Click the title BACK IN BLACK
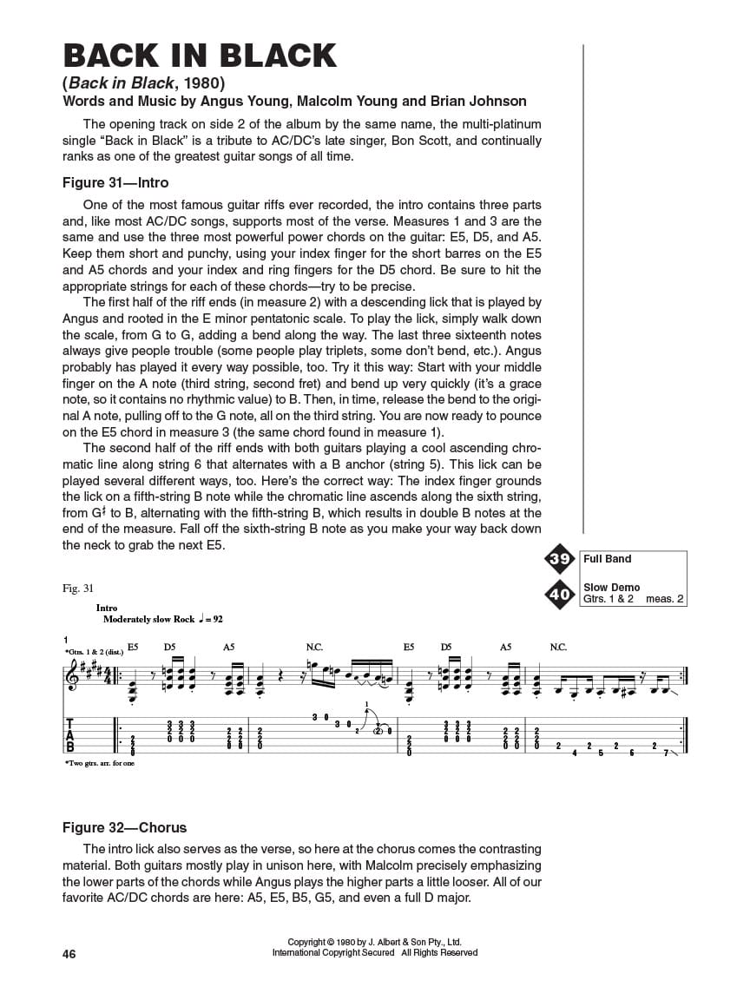pyautogui.click(x=200, y=56)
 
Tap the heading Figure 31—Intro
pyautogui.click(x=115, y=183)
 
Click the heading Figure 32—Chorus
pyautogui.click(x=124, y=827)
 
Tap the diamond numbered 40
pyautogui.click(x=560, y=595)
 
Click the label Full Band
pyautogui.click(x=608, y=559)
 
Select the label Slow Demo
pyautogui.click(x=612, y=588)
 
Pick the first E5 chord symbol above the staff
pyautogui.click(x=133, y=647)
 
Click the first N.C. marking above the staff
pyautogui.click(x=314, y=647)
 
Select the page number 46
pyautogui.click(x=69, y=954)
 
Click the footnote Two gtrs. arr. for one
pyautogui.click(x=99, y=763)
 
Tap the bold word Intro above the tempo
pyautogui.click(x=107, y=609)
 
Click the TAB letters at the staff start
pyautogui.click(x=70, y=734)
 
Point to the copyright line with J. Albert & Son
pyautogui.click(x=375, y=942)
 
